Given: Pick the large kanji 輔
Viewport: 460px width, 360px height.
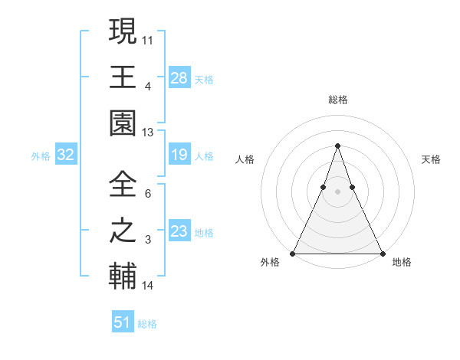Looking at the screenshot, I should (x=123, y=277).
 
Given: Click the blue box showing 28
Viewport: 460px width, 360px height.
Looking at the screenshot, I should (x=179, y=78).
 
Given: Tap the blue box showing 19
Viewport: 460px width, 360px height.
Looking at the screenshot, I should (x=179, y=155).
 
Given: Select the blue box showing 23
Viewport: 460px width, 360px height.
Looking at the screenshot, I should (x=179, y=232).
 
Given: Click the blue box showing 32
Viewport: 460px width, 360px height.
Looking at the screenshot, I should (x=66, y=155).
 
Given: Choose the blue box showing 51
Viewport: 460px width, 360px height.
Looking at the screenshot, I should (x=123, y=322).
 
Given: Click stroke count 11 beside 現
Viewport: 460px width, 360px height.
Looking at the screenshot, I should (x=148, y=39).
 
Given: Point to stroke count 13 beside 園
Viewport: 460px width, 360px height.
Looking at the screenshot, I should (x=148, y=133).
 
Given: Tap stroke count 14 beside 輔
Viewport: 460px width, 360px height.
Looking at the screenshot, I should (x=148, y=286).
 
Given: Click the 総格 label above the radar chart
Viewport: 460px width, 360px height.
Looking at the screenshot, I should (x=337, y=100).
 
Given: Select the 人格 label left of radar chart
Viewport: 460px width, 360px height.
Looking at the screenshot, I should (x=245, y=159).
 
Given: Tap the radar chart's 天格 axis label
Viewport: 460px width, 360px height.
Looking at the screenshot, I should (x=431, y=159).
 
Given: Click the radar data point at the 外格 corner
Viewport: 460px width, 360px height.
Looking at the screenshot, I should (x=293, y=253).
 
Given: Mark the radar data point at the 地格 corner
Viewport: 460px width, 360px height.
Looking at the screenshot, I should (x=382, y=253).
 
